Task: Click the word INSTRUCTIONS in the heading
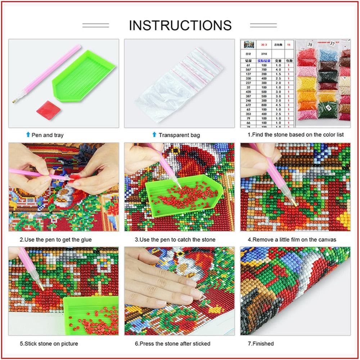[180, 25]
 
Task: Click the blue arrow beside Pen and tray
[28, 135]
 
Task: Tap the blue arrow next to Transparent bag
[154, 135]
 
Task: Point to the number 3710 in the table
[265, 54]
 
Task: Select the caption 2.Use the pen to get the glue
[55, 239]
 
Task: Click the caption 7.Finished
[261, 343]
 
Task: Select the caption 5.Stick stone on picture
[49, 343]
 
